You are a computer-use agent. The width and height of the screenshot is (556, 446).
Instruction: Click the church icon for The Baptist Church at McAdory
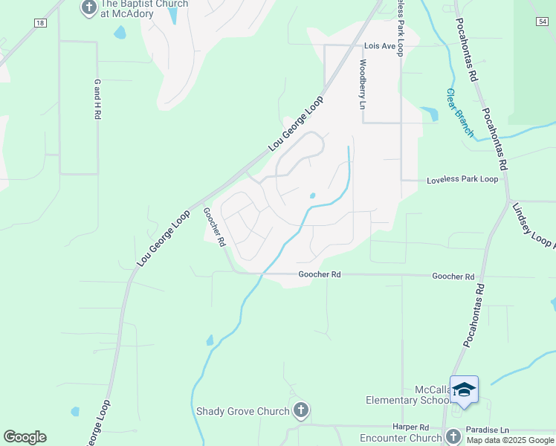pyautogui.click(x=89, y=8)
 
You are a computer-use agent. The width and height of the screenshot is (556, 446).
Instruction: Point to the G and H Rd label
pyautogui.click(x=97, y=100)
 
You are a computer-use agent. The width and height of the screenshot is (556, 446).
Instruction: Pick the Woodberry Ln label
pyautogui.click(x=363, y=84)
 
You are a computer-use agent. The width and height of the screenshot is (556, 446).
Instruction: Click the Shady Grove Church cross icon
pyautogui.click(x=301, y=410)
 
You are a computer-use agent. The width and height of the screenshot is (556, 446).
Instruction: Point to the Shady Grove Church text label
pyautogui.click(x=243, y=411)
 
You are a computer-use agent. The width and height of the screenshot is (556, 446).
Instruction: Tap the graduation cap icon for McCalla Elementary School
pyautogui.click(x=464, y=390)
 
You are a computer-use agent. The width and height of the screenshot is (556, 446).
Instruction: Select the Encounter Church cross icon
pyautogui.click(x=453, y=437)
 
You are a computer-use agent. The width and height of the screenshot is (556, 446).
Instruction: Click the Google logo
pyautogui.click(x=25, y=437)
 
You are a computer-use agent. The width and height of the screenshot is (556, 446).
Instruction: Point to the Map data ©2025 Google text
pyautogui.click(x=511, y=440)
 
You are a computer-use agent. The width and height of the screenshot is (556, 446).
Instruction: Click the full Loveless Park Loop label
pyautogui.click(x=462, y=180)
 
